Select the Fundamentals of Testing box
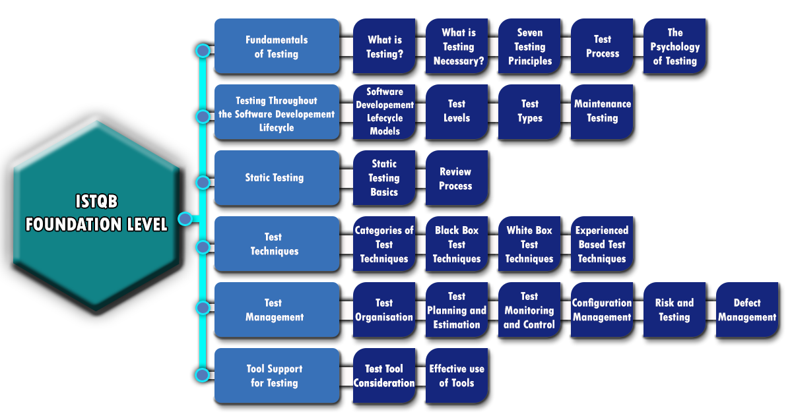click(277, 47)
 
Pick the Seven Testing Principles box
click(529, 47)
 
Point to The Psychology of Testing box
click(675, 47)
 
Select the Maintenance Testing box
click(602, 111)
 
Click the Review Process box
click(456, 178)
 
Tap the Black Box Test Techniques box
click(457, 244)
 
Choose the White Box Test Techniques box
click(529, 244)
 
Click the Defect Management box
click(747, 310)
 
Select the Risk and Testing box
click(675, 310)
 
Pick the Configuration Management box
click(602, 310)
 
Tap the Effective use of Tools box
click(457, 376)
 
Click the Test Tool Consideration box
click(384, 376)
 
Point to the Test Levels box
click(457, 111)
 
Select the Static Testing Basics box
click(384, 178)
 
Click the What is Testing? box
click(384, 47)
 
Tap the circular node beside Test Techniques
click(203, 247)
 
